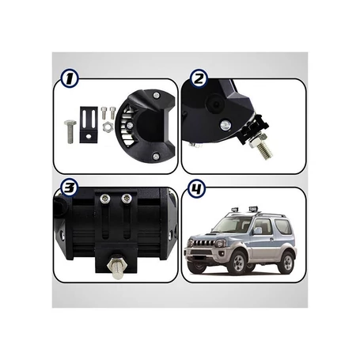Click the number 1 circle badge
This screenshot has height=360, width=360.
point(70,78)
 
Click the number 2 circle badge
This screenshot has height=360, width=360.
point(199,78)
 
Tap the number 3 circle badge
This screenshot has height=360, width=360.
point(70,188)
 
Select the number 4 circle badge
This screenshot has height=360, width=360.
point(196,188)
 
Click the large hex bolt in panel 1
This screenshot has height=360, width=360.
point(70,131)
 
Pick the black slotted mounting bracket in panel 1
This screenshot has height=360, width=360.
point(89,124)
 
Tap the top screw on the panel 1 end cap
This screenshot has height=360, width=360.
point(157,95)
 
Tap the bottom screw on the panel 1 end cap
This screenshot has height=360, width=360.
point(156,157)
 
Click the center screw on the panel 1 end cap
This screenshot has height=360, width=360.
point(130,125)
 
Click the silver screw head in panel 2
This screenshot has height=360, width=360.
point(225,125)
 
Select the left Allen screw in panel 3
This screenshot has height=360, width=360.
point(105,199)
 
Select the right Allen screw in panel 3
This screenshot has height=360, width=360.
point(127,199)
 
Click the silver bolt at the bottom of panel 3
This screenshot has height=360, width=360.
point(117,267)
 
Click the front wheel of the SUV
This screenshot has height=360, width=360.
point(239,262)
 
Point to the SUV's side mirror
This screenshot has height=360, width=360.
point(257,230)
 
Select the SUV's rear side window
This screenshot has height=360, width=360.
point(283,226)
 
